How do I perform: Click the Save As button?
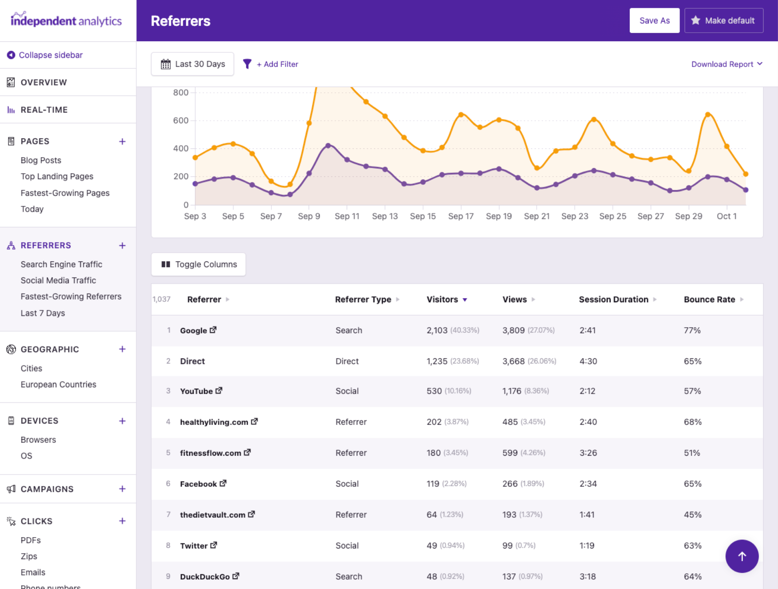(654, 21)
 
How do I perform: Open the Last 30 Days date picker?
(192, 64)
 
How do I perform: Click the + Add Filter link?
(277, 64)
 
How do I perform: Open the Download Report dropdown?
(726, 64)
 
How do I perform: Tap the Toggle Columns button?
(199, 265)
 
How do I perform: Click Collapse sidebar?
(50, 55)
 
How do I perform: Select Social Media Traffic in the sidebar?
(58, 280)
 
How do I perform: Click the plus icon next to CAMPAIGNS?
(122, 489)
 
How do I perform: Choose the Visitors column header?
(442, 300)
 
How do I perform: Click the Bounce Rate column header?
(709, 300)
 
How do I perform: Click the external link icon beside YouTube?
(219, 391)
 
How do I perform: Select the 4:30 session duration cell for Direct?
(588, 361)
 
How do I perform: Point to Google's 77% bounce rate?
(692, 330)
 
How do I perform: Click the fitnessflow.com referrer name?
(210, 453)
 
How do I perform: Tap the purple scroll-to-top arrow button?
(742, 556)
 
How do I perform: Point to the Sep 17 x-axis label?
(460, 216)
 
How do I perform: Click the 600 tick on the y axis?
(181, 121)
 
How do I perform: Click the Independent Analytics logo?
(66, 20)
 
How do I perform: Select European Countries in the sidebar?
(58, 384)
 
